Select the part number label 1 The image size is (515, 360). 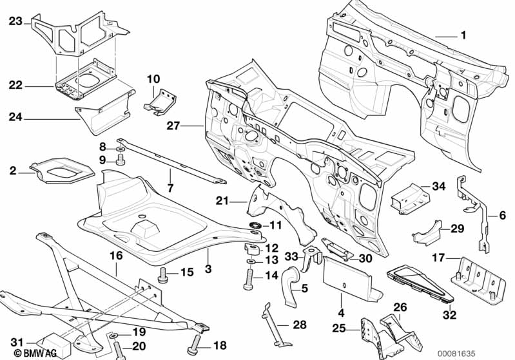[x=462, y=35]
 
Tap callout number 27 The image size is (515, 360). [x=173, y=126]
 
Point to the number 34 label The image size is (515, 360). [x=439, y=187]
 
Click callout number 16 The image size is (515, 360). [x=116, y=256]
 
